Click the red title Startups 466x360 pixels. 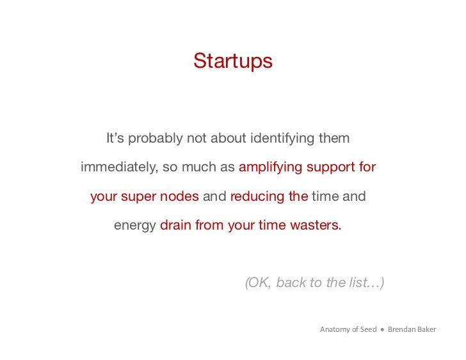[232, 61]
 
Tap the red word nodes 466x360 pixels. [179, 196]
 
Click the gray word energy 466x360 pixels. [134, 226]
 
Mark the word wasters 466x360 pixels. [316, 226]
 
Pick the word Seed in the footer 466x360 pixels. [369, 329]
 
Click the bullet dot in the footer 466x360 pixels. [382, 329]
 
